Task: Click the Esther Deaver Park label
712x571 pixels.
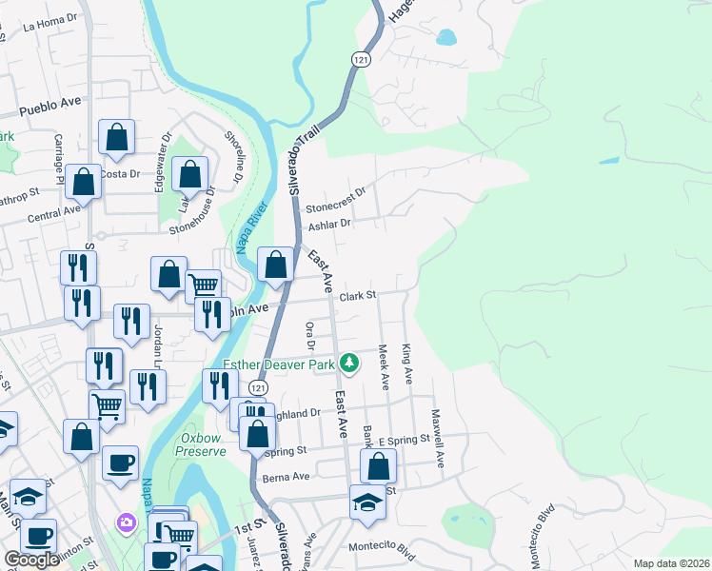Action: coord(281,364)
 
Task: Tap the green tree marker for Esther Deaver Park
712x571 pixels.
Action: coord(350,363)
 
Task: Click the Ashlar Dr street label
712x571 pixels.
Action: coord(330,225)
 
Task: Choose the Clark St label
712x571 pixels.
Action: coord(359,295)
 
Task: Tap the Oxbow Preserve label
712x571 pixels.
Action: coord(203,444)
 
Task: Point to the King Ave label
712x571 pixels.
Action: coord(408,364)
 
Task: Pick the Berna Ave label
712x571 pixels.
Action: coord(287,476)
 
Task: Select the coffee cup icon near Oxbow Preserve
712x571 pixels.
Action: coord(120,463)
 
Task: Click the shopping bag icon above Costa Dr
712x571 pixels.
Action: coord(116,137)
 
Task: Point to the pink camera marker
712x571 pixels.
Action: coord(126,522)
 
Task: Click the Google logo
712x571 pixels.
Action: coord(31,560)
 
